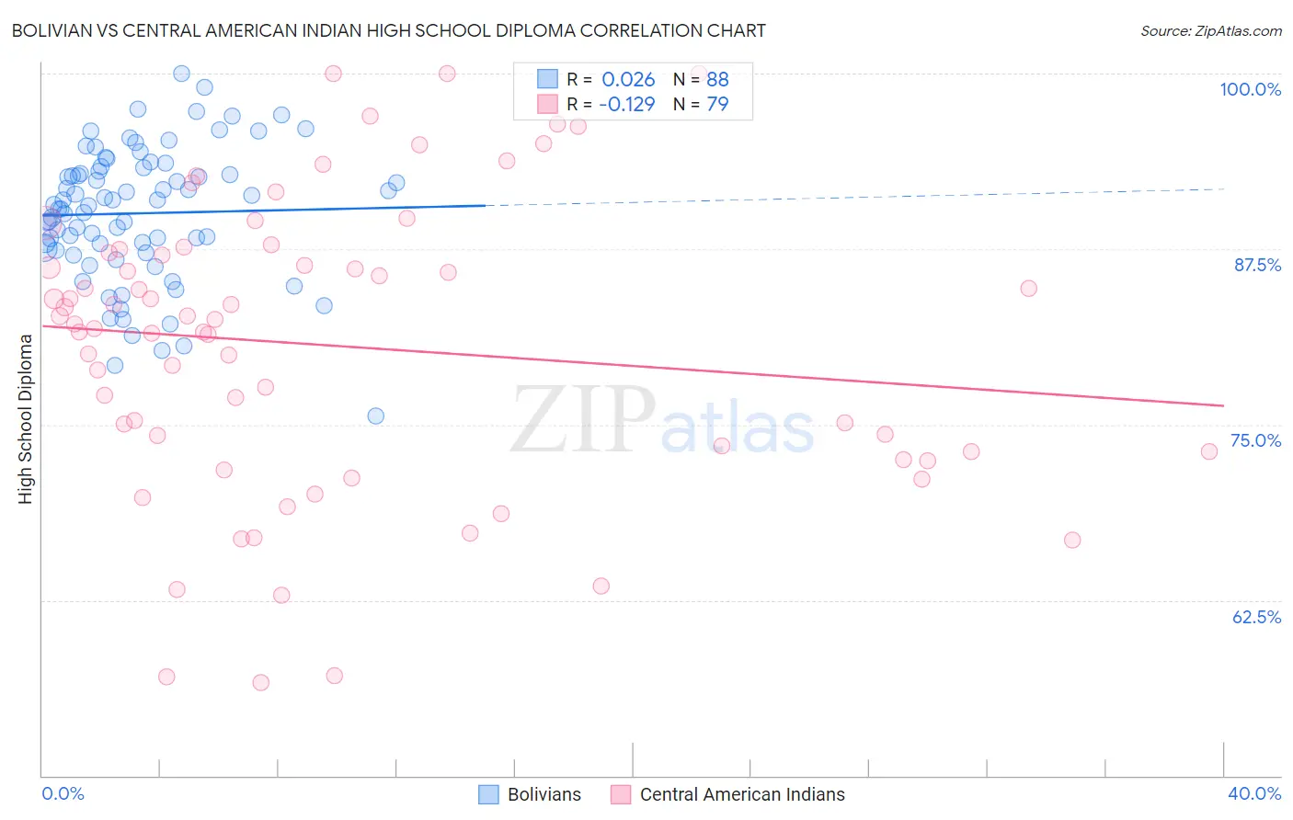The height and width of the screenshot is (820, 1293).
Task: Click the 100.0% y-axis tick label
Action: [1250, 89]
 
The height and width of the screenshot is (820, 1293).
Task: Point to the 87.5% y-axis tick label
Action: [1257, 265]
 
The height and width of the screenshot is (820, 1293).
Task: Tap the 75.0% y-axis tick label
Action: [1255, 440]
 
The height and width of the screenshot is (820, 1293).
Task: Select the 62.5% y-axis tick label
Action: [1256, 617]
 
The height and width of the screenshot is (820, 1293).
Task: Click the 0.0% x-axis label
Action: [63, 793]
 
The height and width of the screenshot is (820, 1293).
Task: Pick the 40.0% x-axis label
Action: [1254, 793]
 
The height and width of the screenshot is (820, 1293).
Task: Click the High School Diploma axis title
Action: [26, 418]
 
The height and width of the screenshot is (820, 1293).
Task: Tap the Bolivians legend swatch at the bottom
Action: [489, 794]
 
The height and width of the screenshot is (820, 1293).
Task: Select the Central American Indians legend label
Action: [741, 794]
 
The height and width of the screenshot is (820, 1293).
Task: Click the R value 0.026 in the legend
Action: [628, 80]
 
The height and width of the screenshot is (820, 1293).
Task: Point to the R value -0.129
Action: [626, 105]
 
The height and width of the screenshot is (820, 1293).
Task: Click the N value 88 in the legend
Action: [717, 80]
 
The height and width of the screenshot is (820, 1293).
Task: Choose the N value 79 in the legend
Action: [717, 105]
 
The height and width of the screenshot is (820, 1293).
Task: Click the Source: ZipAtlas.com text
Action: [1210, 31]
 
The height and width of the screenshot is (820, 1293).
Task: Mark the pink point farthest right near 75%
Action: [1209, 451]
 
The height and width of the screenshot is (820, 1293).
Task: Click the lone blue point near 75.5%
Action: [375, 416]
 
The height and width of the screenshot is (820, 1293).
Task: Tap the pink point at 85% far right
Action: [1028, 289]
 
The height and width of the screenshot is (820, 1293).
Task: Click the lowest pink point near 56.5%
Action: [260, 682]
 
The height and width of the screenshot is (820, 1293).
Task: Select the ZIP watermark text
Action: [583, 421]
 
